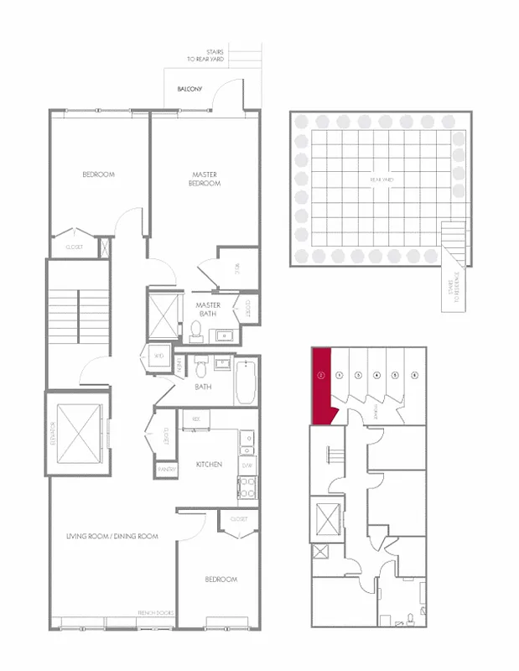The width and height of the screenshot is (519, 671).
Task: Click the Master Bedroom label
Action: (x=205, y=179)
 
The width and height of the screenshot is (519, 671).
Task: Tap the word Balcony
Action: (x=189, y=89)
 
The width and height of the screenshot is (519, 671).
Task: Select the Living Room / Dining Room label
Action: (x=112, y=536)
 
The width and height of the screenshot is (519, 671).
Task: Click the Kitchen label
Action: (x=209, y=464)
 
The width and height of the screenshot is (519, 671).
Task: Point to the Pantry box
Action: (x=166, y=471)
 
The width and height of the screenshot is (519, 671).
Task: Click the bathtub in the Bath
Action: (x=245, y=382)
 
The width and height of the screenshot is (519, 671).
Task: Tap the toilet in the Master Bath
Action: (x=197, y=331)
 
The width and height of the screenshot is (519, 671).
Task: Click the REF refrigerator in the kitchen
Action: (x=196, y=418)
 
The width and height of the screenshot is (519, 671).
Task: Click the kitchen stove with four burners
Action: (x=247, y=488)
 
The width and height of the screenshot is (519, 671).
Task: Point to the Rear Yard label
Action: (x=381, y=179)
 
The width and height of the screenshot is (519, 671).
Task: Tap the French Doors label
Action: (x=155, y=613)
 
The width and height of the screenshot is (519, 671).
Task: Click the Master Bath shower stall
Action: (x=164, y=315)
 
